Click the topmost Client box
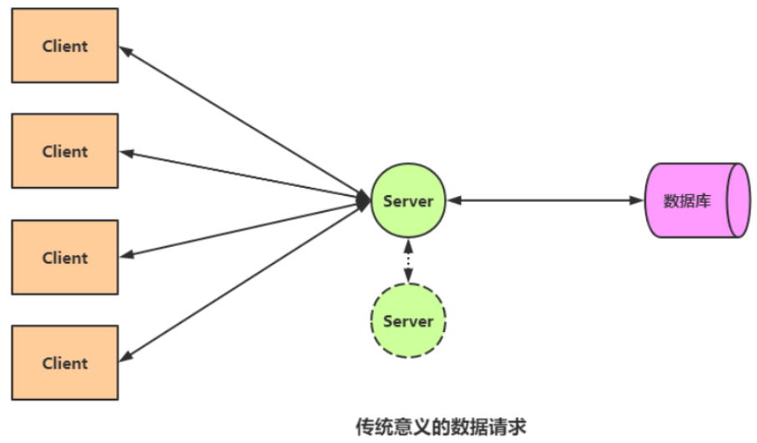(x=65, y=46)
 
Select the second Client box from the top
(x=65, y=151)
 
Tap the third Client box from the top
(x=65, y=257)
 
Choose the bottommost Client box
(x=65, y=363)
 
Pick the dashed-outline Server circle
(x=408, y=320)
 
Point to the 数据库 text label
(x=687, y=201)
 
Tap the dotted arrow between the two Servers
(x=408, y=259)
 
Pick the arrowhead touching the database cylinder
(x=638, y=200)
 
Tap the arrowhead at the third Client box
(x=124, y=255)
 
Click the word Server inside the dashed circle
(x=408, y=321)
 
